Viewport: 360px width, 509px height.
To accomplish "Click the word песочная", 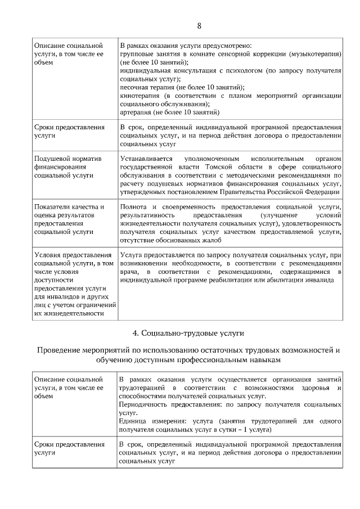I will coord(135,87).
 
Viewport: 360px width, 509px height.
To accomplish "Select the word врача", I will coord(129,273).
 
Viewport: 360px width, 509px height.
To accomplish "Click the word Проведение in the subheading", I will coord(63,350).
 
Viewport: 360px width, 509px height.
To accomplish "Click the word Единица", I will coord(134,421).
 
